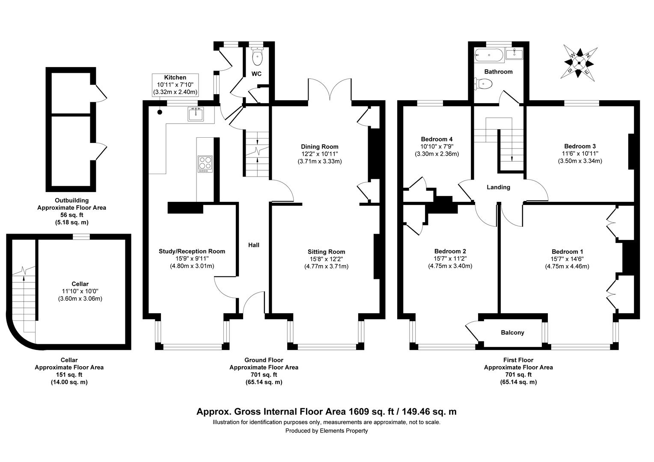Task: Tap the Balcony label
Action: (x=512, y=332)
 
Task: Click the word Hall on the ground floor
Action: (x=254, y=245)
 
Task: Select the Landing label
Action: (x=498, y=187)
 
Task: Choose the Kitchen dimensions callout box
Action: (x=175, y=85)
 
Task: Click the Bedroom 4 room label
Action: (x=437, y=139)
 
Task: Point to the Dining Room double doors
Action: (x=330, y=90)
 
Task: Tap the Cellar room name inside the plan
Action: (x=80, y=284)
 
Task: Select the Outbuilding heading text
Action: (x=71, y=200)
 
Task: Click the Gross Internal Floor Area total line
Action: (x=326, y=412)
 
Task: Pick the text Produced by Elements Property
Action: (x=327, y=431)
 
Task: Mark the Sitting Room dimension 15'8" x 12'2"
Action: (x=326, y=259)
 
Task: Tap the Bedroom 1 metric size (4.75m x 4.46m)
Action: (x=567, y=266)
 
